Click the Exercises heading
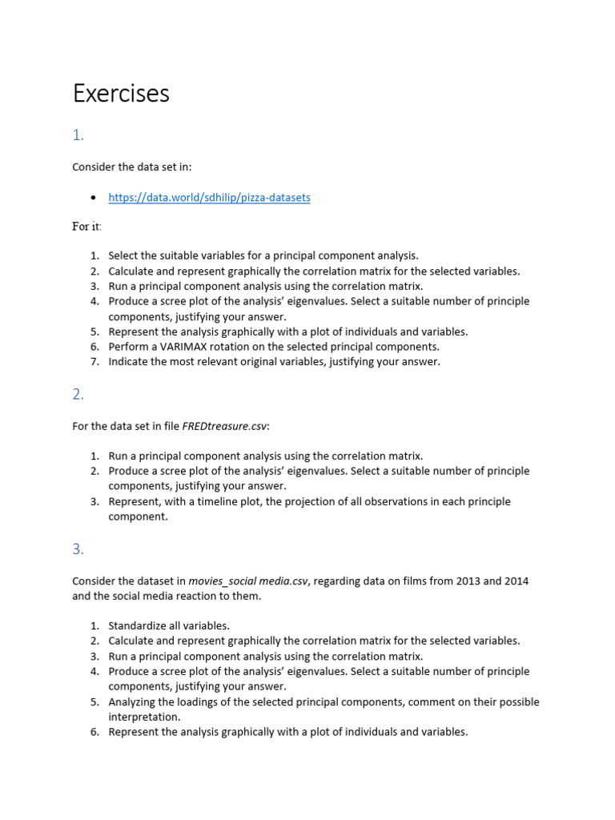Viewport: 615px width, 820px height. [x=121, y=94]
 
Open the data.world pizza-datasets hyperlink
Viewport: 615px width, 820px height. [x=209, y=198]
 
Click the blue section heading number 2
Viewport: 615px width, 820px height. [x=78, y=394]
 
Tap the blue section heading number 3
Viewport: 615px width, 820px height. [x=78, y=549]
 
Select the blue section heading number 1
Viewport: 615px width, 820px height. [x=78, y=135]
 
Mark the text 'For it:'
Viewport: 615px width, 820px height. [x=86, y=227]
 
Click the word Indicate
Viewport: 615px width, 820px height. [x=130, y=362]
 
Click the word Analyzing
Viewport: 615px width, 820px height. [x=135, y=702]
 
